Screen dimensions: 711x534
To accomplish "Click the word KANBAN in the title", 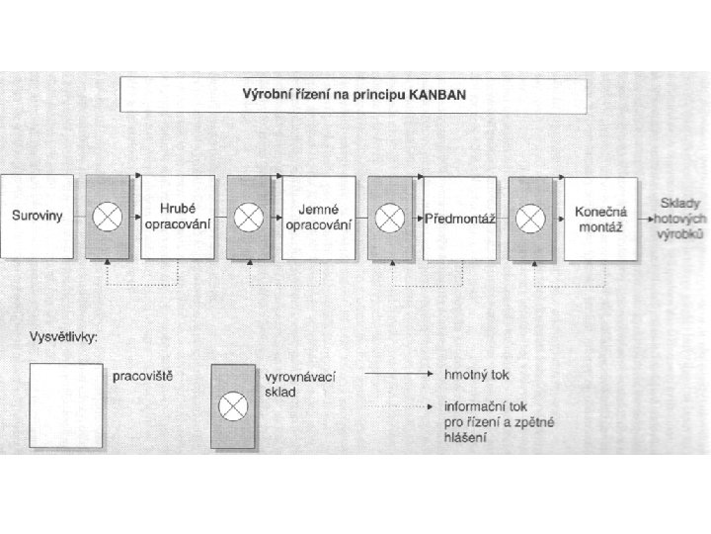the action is tap(437, 95).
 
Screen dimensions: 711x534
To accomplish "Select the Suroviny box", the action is tap(38, 217).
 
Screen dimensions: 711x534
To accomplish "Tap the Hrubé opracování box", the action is tap(178, 217).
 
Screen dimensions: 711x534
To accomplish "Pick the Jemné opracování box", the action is tap(319, 218).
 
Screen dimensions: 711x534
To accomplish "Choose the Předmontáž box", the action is tap(460, 219).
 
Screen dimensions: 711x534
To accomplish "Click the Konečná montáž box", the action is tap(600, 220).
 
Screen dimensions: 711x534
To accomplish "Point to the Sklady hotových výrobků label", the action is tap(680, 219).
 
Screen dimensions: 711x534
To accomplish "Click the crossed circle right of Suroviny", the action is tap(108, 217).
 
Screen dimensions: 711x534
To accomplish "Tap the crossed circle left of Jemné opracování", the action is tap(249, 218).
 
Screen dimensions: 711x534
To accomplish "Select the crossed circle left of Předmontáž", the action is tap(389, 218).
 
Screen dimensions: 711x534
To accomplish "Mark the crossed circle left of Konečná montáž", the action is tap(530, 219).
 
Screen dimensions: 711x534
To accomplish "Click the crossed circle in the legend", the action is tap(233, 406).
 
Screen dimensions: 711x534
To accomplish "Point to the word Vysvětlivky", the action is tap(63, 337).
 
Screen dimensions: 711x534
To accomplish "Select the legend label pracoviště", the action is tap(143, 377).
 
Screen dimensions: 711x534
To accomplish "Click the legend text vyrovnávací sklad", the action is tap(300, 384).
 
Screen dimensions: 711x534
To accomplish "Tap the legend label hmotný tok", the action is tap(477, 375).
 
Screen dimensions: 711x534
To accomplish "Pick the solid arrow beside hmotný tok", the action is tap(399, 374).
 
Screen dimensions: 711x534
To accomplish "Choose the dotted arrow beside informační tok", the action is tap(399, 406).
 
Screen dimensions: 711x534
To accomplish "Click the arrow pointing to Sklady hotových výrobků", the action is tap(646, 219).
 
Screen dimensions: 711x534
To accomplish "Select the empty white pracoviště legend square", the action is tap(66, 405).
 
